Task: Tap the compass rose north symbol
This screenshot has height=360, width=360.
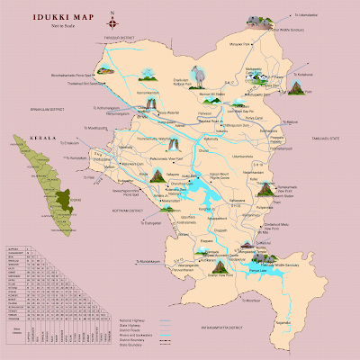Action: click(x=110, y=13)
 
